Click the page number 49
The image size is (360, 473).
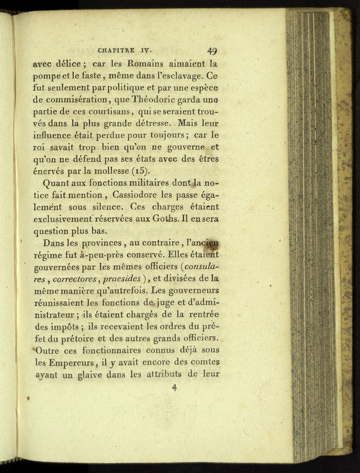click(212, 51)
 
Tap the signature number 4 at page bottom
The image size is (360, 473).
click(174, 388)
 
